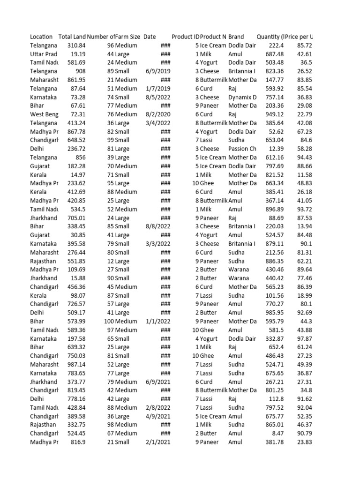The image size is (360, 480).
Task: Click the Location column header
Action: click(x=41, y=37)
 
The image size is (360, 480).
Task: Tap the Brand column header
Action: click(x=236, y=37)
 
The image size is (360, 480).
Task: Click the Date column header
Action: click(x=150, y=37)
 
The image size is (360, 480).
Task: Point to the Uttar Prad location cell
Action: click(x=44, y=54)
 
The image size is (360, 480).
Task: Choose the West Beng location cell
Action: click(x=44, y=114)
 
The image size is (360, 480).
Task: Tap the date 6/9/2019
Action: click(x=158, y=71)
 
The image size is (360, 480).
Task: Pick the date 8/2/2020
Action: click(x=158, y=114)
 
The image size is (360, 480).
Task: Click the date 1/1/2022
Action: click(x=158, y=321)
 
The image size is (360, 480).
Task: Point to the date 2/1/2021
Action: click(x=158, y=442)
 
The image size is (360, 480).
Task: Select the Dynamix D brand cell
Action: click(x=242, y=97)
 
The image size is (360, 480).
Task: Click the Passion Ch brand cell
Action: click(x=242, y=149)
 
